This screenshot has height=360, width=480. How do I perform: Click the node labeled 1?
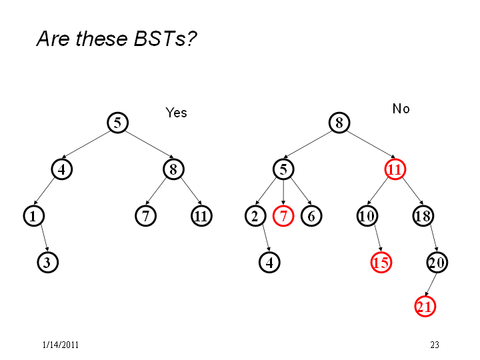click(x=34, y=216)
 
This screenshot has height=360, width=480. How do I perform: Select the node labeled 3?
click(x=48, y=263)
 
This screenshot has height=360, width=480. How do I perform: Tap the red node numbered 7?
click(x=283, y=216)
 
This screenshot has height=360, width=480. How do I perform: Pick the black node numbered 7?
click(x=146, y=216)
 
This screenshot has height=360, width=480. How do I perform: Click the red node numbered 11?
click(x=395, y=169)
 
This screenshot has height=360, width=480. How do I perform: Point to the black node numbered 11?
click(x=201, y=216)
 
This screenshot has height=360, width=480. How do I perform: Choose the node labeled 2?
click(x=255, y=216)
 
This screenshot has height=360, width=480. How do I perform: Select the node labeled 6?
click(x=311, y=216)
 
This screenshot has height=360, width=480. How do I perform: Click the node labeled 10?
click(x=367, y=216)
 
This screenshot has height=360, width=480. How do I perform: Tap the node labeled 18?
click(x=423, y=216)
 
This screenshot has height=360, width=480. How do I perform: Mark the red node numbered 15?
click(x=381, y=263)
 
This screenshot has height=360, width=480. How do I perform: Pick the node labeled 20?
click(x=437, y=263)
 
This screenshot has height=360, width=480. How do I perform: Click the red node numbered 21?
click(x=425, y=307)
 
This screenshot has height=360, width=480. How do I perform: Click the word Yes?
click(x=176, y=113)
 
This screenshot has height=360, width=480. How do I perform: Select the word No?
click(x=401, y=109)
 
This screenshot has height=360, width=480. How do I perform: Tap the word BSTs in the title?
click(x=160, y=39)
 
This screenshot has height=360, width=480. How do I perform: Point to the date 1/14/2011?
click(x=60, y=345)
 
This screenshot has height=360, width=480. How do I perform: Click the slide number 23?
click(x=435, y=345)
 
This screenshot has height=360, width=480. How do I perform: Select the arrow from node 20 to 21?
click(x=431, y=285)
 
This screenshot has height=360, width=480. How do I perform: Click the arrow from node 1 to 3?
click(x=45, y=239)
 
